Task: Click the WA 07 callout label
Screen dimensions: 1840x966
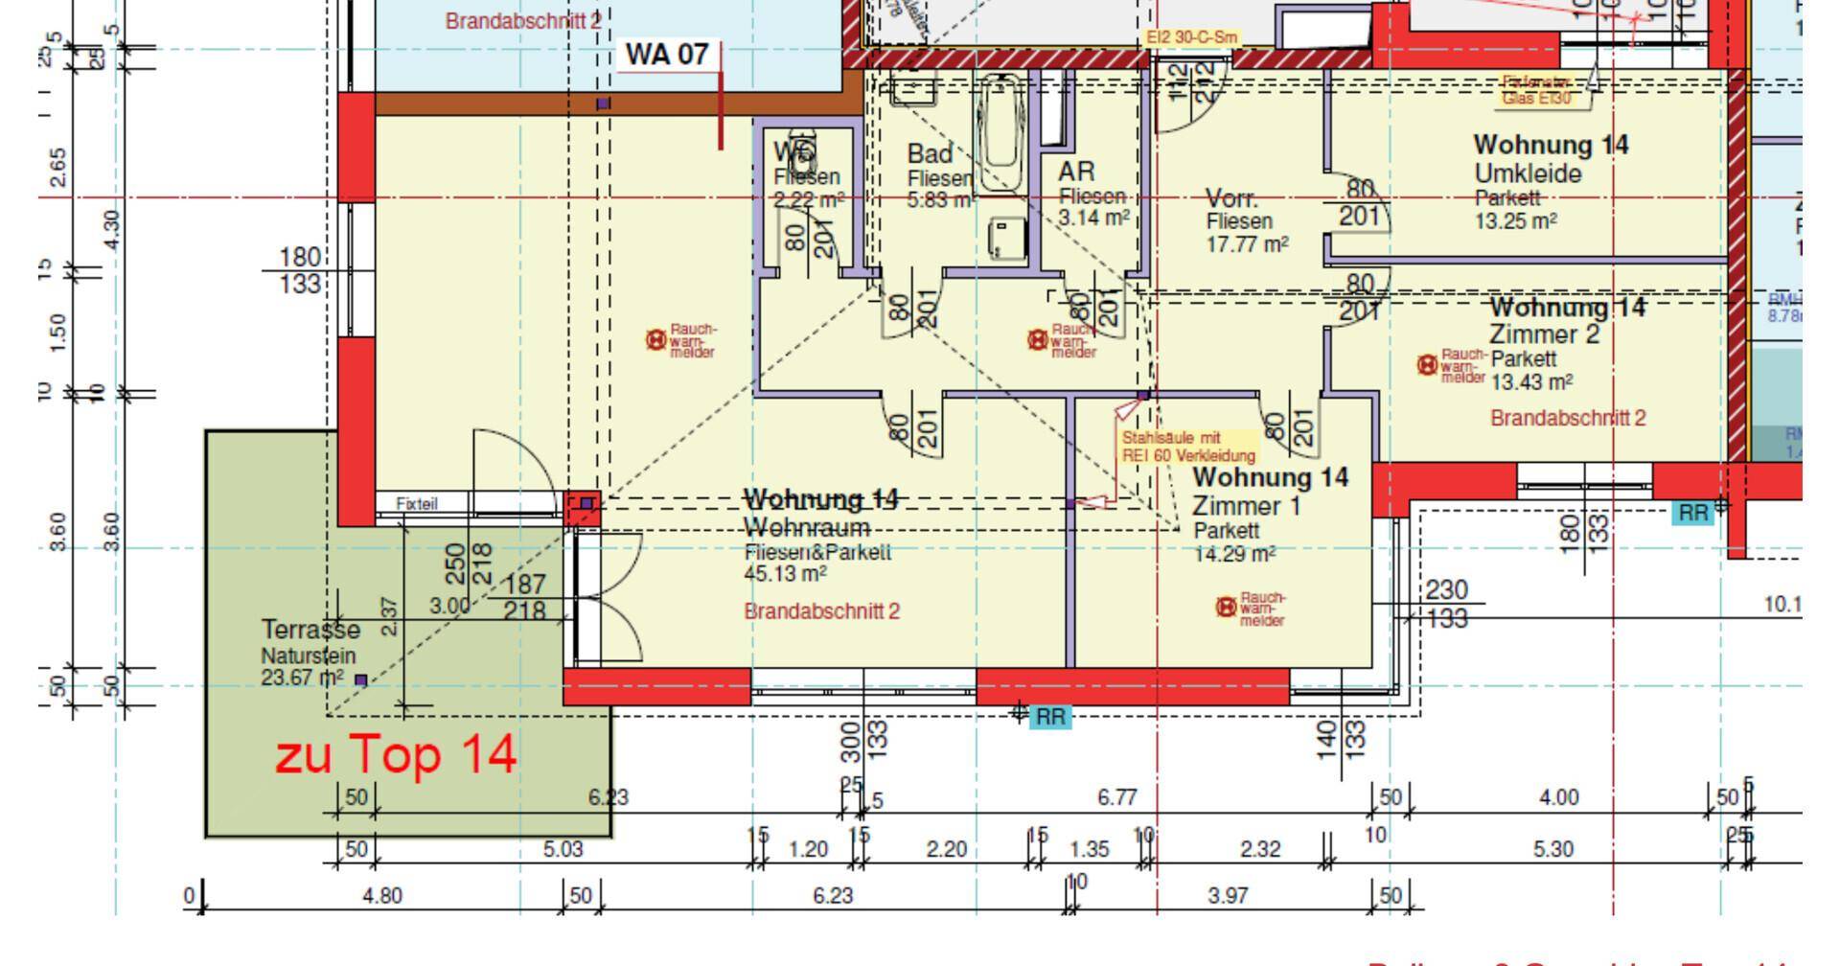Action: coord(667,55)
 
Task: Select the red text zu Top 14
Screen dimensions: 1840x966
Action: coord(396,754)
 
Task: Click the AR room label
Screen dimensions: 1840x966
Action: coord(1076,172)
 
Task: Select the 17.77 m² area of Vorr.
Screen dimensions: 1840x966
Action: coord(1247,244)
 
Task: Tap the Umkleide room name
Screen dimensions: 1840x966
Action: coord(1528,174)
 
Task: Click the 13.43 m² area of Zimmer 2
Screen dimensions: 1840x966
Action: coord(1531,382)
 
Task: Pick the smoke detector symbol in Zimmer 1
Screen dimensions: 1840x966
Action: coord(1225,607)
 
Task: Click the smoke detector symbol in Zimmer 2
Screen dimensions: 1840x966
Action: coord(1427,364)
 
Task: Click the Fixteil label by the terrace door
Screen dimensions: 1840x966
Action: coord(417,503)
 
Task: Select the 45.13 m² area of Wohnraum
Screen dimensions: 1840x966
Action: coord(785,573)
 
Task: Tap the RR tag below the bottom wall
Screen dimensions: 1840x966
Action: coord(1050,717)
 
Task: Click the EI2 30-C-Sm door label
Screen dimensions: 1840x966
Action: coord(1192,37)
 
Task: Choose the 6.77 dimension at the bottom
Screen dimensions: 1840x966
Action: coord(1116,797)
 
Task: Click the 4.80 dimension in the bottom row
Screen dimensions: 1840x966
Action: coord(382,896)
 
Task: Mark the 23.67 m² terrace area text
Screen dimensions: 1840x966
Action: coord(302,678)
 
